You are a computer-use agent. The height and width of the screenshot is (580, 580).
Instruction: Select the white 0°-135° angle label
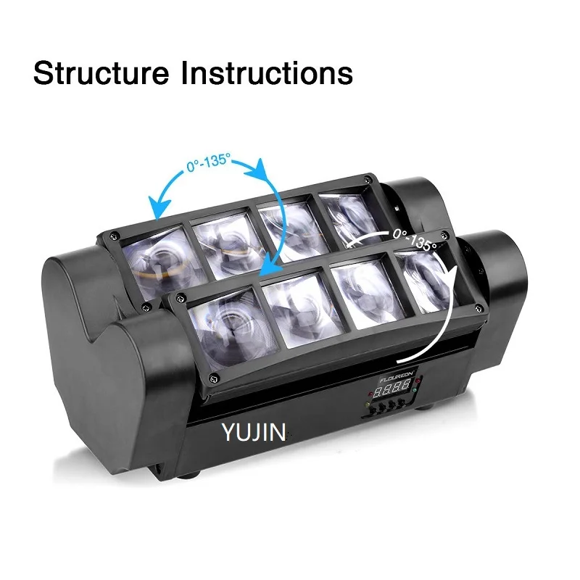point(414,239)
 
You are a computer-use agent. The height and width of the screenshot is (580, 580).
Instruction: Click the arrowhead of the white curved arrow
point(400,357)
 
